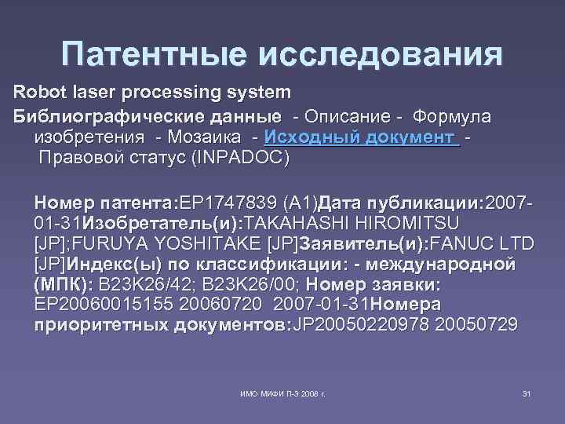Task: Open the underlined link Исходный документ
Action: pos(362,137)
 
